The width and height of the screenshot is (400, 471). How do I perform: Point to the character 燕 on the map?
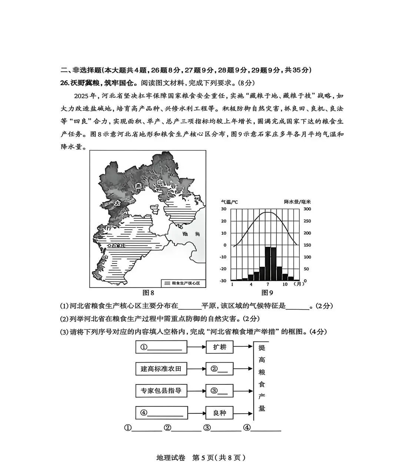pos(139,186)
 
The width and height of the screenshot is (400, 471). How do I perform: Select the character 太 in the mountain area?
pos(117,203)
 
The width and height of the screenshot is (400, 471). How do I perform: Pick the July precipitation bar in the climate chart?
pos(267,264)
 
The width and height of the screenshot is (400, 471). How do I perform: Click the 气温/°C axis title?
pos(230,202)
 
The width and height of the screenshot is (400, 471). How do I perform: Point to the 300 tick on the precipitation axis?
pos(307,209)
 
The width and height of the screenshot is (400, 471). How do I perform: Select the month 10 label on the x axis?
pos(285,284)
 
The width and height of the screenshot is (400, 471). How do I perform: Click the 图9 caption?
pos(267,293)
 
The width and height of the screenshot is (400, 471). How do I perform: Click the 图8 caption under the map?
pos(148,293)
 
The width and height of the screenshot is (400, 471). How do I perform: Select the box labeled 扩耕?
pos(220,347)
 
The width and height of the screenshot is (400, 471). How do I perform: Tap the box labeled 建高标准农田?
pos(161,369)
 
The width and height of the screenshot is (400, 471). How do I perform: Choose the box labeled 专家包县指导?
pos(161,391)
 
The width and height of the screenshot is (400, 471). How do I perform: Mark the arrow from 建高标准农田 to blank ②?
pos(196,369)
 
